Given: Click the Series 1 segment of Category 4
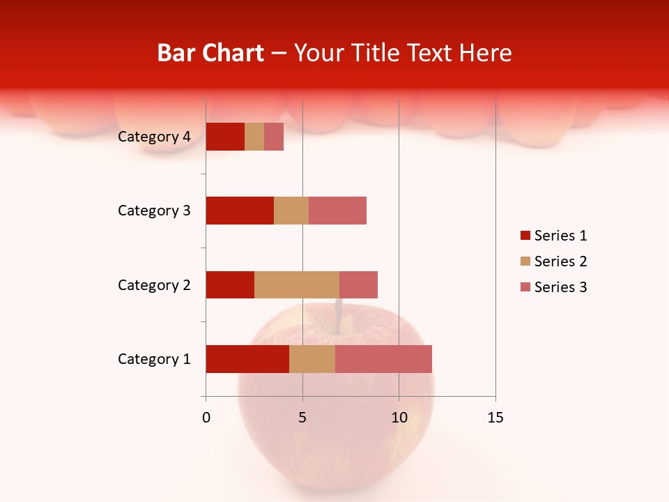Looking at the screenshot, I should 225,137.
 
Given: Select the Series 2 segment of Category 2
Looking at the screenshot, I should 297,284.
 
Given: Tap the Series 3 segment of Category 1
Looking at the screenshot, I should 383,359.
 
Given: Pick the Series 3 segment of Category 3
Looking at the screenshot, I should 337,211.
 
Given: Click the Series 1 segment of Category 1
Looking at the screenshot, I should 247,359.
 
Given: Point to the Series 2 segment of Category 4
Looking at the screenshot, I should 254,137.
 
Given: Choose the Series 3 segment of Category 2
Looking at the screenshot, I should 358,284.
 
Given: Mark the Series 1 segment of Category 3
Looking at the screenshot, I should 240,211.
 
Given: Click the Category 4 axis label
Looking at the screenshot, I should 154,137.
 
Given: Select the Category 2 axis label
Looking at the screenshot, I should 154,284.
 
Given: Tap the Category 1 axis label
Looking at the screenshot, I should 154,359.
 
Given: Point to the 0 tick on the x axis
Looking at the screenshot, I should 206,418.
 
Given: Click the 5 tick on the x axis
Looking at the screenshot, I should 302,418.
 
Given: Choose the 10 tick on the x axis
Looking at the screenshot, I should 399,418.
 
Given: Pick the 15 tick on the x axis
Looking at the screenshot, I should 495,418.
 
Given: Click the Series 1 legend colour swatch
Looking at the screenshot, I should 525,236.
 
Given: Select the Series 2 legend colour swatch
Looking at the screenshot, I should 525,261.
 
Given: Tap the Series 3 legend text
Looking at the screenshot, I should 560,287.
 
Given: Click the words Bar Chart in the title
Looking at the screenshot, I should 210,53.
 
